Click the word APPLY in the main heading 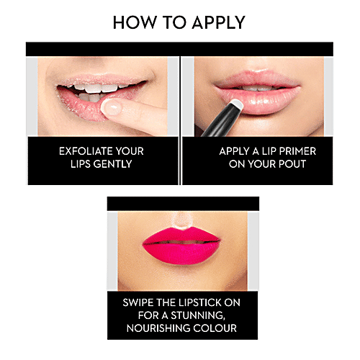coord(218,22)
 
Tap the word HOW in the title coord(134,22)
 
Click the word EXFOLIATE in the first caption coord(86,151)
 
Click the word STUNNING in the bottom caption coord(198,315)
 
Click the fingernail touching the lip coord(112,107)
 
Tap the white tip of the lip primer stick coord(236,104)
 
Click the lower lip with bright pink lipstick coord(181,253)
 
